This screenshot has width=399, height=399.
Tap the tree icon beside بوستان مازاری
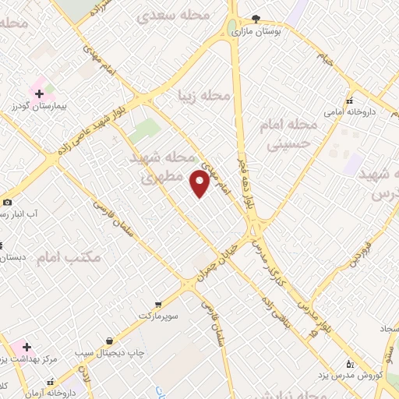256,19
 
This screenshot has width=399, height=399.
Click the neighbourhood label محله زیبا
205,96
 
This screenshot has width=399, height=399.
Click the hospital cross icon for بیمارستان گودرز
39,94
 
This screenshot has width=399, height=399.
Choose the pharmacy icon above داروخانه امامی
349,100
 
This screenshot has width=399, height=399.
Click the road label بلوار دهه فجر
245,187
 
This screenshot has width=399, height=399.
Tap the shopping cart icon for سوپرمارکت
158,304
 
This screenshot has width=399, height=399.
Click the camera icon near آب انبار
7,202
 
